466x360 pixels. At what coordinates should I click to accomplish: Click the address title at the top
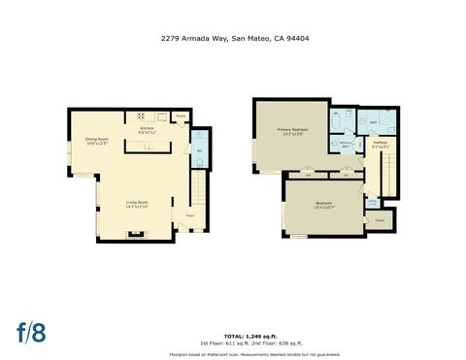point(232,39)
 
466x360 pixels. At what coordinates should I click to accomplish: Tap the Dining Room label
point(97,142)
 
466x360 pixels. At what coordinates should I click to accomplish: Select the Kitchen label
point(148,130)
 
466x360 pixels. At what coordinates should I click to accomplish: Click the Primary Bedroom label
point(291,131)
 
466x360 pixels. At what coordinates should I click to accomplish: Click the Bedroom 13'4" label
point(323,206)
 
